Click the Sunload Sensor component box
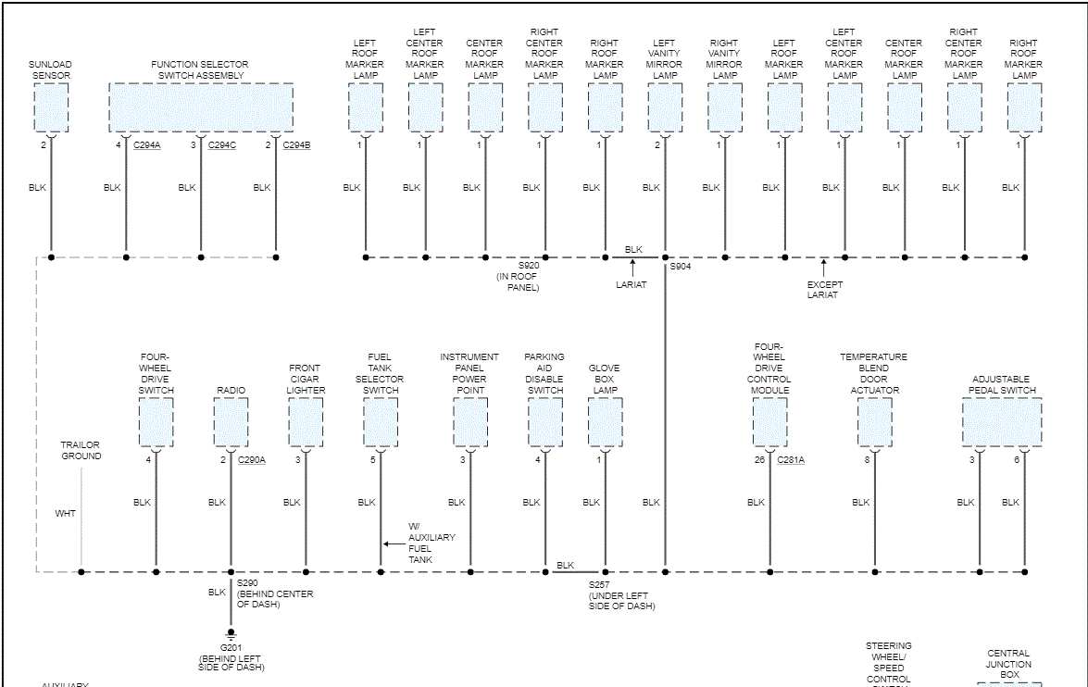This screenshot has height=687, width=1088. coord(51,107)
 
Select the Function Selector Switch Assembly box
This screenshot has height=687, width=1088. coord(201,107)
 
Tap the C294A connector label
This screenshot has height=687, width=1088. coord(146,145)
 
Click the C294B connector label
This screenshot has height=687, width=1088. coord(296,145)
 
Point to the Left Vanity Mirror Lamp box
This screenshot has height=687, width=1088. coord(665,107)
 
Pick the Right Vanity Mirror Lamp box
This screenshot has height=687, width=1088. coord(724,107)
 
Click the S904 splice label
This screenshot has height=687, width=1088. coord(681,267)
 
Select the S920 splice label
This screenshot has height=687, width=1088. coord(528,267)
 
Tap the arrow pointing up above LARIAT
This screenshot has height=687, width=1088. coord(633,268)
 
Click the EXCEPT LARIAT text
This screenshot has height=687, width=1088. coord(822,290)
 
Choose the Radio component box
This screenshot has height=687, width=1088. coord(231,422)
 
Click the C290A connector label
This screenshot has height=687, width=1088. coord(252,460)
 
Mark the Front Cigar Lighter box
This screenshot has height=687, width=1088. coord(306,422)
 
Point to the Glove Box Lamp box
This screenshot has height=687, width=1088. coord(605,422)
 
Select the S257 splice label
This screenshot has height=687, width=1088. coord(599,585)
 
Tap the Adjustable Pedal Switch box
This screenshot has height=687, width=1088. coord(1002,422)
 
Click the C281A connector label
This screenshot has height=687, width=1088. coord(791,460)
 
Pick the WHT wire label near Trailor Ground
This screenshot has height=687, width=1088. coord(66,513)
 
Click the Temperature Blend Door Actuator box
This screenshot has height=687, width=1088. coord(874,422)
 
